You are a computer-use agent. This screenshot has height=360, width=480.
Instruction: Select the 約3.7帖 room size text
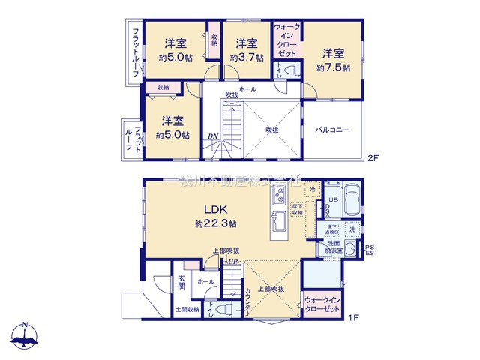(247, 58)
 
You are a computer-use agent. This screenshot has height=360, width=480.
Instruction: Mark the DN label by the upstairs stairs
(213, 136)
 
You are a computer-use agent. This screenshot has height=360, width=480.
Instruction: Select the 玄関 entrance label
(181, 284)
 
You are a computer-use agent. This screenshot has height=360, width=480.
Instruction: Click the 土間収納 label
(187, 309)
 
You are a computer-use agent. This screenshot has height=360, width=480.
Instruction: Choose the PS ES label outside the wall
(369, 249)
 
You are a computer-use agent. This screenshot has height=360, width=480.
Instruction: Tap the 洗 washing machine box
(352, 229)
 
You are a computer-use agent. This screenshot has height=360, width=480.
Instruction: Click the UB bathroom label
(334, 199)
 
